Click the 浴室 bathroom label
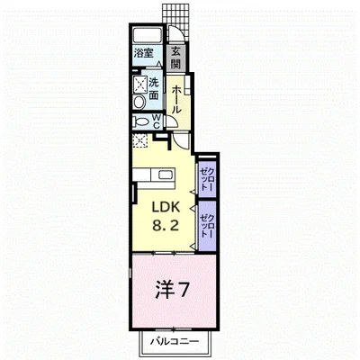click(x=144, y=54)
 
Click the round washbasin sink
click(x=139, y=103)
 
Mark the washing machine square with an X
click(x=139, y=85)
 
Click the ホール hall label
click(x=176, y=95)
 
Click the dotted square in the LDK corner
click(x=139, y=140)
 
